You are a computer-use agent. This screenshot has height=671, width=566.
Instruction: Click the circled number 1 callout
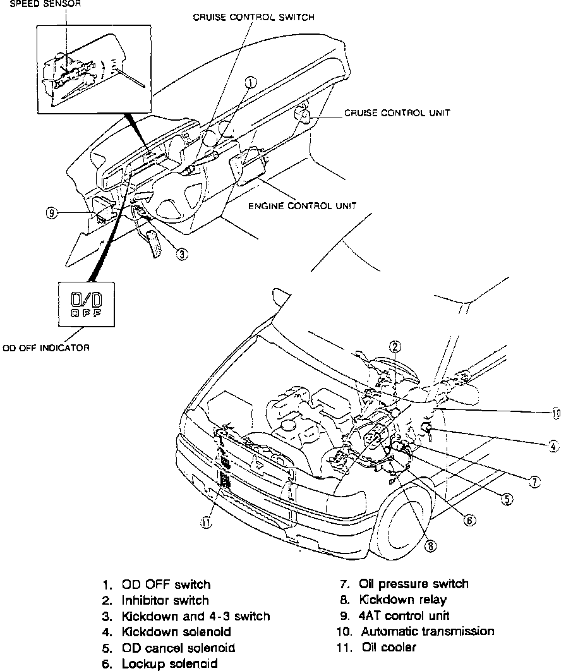[x=251, y=82]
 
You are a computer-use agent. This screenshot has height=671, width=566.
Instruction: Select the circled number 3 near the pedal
[x=181, y=255]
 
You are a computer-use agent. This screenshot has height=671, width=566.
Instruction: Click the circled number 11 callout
[x=207, y=522]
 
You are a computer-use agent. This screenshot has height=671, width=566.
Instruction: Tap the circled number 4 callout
[x=553, y=446]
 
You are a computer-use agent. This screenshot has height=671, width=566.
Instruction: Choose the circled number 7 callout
[x=535, y=482]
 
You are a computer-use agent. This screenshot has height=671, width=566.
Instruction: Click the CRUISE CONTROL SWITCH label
[x=253, y=18]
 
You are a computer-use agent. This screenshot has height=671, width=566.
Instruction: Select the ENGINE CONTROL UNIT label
[x=303, y=205]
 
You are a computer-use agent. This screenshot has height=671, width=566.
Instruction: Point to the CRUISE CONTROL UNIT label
[x=397, y=113]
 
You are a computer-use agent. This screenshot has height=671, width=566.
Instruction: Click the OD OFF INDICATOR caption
[x=46, y=348]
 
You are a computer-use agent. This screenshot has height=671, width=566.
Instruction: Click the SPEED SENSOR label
[x=40, y=3]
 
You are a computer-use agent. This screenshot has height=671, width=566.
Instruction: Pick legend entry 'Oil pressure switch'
[x=414, y=584]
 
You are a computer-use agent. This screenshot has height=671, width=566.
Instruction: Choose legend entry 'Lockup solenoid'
[x=169, y=663]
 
